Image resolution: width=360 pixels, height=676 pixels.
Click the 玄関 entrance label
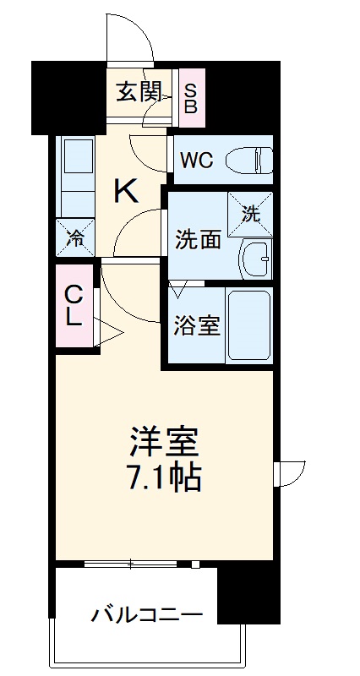click(139, 91)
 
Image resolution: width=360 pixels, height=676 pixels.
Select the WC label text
click(195, 158)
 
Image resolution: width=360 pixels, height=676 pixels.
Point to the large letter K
click(126, 192)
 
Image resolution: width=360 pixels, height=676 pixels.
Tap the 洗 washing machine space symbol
click(252, 213)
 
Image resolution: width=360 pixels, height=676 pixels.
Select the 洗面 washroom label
click(199, 239)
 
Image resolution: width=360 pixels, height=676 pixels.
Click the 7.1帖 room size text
click(164, 478)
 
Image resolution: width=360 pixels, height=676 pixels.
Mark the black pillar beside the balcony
click(248, 595)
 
